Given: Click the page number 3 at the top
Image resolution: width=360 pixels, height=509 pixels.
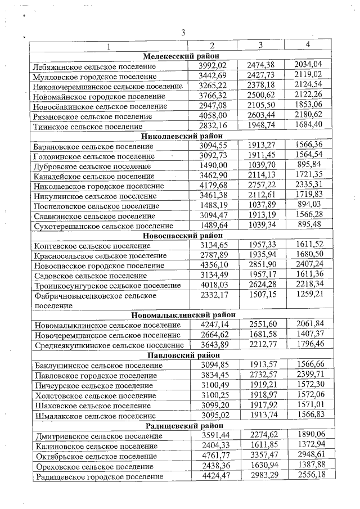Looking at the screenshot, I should click(x=183, y=32).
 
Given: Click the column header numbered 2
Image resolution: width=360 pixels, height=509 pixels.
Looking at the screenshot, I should click(x=212, y=46).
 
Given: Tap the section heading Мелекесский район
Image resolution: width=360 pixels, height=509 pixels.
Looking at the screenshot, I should click(x=181, y=56).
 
